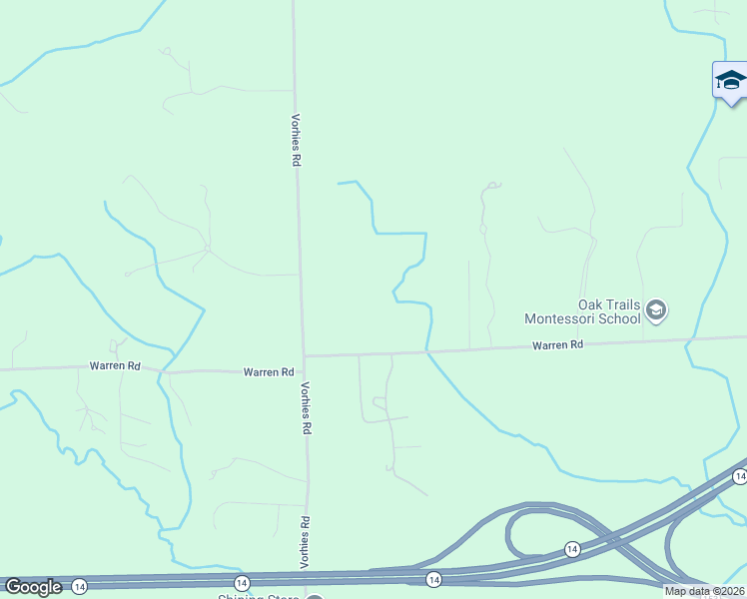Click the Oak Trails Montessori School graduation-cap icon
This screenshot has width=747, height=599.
click(x=656, y=310)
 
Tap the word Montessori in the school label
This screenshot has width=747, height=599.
click(x=565, y=319)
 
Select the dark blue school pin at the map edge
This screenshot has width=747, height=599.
click(x=731, y=81)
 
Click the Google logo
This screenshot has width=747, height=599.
click(x=33, y=587)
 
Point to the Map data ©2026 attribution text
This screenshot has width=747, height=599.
click(x=704, y=591)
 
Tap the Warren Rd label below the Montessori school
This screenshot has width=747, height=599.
click(x=557, y=344)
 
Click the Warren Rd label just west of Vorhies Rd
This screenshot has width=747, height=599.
click(x=269, y=372)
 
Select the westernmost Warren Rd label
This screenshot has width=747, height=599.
click(x=114, y=365)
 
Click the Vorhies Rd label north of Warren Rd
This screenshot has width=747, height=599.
click(x=296, y=139)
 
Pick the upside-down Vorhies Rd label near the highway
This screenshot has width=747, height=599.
click(x=306, y=542)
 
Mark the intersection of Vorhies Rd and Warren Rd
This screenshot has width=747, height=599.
click(x=304, y=356)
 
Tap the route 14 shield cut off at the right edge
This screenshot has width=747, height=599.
click(x=739, y=477)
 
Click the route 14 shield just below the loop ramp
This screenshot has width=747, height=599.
click(x=571, y=549)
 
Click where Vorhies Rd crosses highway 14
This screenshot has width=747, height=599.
click(x=308, y=576)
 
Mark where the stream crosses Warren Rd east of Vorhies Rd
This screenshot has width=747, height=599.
click(x=427, y=351)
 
